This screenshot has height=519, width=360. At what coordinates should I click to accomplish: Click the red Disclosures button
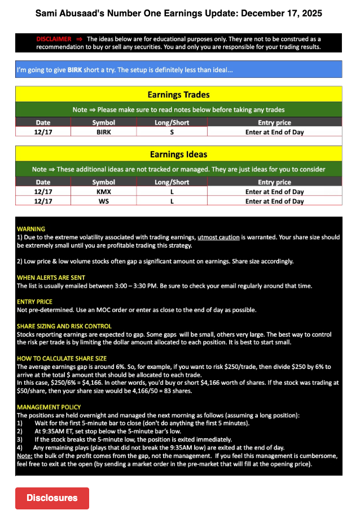[x=52, y=498]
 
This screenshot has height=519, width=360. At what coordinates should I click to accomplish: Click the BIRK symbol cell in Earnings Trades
[x=104, y=132]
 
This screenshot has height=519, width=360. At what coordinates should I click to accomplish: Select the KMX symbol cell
[x=104, y=192]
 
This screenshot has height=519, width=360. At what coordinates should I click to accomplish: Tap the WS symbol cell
[x=104, y=201]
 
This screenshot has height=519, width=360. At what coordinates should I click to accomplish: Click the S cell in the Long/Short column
[x=172, y=132]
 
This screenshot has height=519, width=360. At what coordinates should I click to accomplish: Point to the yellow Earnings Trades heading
[x=178, y=95]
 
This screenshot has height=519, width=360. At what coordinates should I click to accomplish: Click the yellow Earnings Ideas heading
[x=178, y=154]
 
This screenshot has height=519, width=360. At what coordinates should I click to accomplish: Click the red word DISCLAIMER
[x=54, y=39]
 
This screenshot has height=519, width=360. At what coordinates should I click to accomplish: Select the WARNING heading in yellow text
[x=31, y=229]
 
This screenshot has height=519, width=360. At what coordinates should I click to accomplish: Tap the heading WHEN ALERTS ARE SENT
[x=50, y=278]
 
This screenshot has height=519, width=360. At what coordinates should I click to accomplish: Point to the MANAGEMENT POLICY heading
[x=49, y=407]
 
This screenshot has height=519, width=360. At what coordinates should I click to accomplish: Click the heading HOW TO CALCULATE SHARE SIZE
[x=62, y=358]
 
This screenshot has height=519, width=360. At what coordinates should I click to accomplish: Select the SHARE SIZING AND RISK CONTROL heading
[x=64, y=326]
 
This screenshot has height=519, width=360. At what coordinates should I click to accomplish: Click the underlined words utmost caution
[x=218, y=237]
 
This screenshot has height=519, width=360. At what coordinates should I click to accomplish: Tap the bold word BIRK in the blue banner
[x=74, y=71]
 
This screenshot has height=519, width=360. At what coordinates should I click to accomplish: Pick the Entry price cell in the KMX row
[x=274, y=192]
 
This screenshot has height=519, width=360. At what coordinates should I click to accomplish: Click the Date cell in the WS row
[x=43, y=201]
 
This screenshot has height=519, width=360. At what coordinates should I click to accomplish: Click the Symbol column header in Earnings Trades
[x=104, y=122]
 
